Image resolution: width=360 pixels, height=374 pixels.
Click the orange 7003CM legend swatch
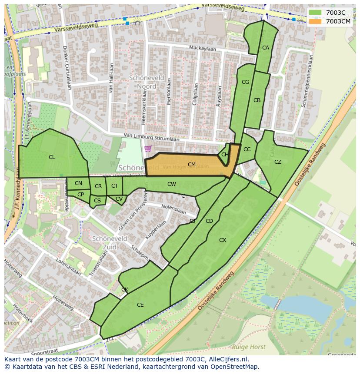point(316,21)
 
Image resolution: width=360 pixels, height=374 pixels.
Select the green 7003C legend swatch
point(316,13)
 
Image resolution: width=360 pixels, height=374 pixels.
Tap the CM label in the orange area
point(191,165)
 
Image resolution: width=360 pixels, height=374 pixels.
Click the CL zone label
point(52,157)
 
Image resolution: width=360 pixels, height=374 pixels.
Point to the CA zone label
point(266,48)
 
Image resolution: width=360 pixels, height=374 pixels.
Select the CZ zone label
point(278,162)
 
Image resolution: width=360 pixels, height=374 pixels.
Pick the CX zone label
point(223,240)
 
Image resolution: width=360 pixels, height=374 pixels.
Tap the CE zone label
point(140,305)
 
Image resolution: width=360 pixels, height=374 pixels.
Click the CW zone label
point(172,184)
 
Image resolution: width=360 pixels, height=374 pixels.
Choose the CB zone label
point(257,100)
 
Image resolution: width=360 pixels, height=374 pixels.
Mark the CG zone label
point(245,82)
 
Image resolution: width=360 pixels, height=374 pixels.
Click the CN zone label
point(78,183)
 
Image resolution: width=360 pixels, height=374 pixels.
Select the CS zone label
point(97,201)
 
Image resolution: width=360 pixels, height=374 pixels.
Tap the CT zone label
point(114,186)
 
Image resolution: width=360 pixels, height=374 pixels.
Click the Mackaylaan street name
point(202,48)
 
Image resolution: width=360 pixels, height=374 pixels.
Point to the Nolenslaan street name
point(173,210)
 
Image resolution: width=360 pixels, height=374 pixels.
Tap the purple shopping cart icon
point(148,149)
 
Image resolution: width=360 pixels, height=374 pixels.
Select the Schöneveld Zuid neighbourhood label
point(110,243)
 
